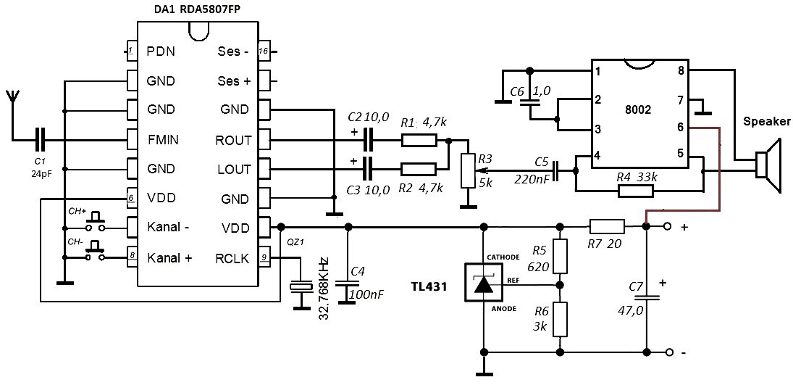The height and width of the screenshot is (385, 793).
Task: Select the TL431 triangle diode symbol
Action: tap(483, 284)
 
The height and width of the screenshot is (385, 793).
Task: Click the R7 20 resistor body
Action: tap(607, 227)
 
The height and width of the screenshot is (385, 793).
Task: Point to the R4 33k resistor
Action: tap(635, 191)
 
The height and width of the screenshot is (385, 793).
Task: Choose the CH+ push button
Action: tap(94, 219)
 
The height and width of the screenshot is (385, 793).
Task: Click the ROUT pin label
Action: tap(233, 139)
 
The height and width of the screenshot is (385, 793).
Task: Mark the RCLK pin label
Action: tap(233, 257)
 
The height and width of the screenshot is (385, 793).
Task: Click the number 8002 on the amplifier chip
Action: tap(638, 110)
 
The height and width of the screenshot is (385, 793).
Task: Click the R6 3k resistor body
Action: tap(558, 318)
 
